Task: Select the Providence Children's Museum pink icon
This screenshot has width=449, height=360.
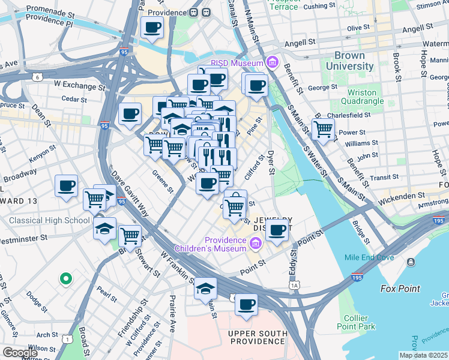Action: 255,243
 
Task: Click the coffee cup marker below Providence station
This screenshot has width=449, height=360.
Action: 152,28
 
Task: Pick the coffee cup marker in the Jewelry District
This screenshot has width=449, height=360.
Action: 277,229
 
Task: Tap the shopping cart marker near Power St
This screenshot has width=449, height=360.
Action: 323,128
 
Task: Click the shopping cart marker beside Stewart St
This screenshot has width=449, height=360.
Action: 130,236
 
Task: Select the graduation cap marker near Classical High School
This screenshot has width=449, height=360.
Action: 104,229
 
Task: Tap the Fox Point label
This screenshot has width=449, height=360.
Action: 400,289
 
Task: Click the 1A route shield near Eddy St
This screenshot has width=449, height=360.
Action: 294,286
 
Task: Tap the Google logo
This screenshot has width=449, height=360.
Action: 20,353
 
